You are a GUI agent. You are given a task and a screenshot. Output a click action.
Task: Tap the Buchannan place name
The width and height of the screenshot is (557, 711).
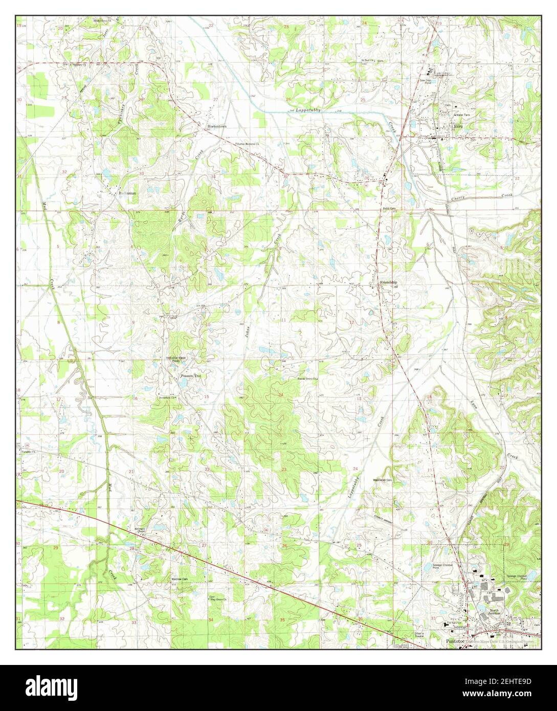click(x=125, y=194)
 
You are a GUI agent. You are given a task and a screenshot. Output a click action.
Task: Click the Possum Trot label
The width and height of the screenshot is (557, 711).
click(x=191, y=376)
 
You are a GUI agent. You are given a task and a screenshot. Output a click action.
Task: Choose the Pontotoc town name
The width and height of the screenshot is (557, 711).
click(x=456, y=640)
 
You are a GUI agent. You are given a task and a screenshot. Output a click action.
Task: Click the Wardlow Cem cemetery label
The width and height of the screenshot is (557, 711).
click(x=180, y=580)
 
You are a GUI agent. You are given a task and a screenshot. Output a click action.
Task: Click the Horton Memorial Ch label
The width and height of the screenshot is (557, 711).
click(x=248, y=144)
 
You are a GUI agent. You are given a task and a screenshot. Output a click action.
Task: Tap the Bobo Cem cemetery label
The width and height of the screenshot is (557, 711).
click(x=389, y=209)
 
